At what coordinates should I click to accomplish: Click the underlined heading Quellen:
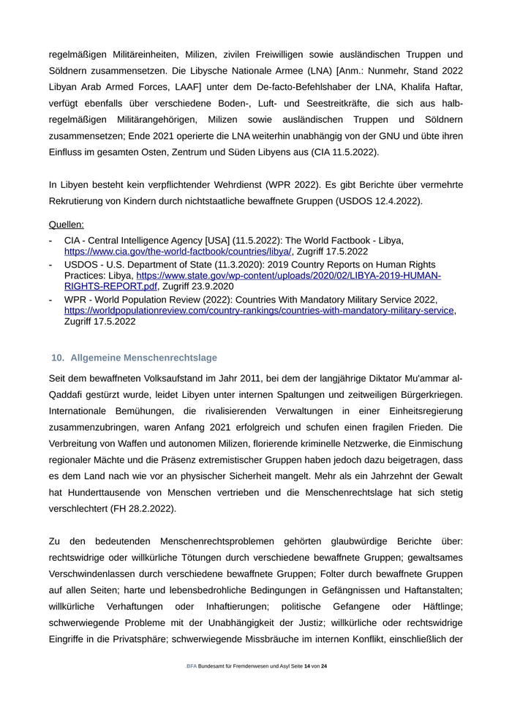pos(66,225)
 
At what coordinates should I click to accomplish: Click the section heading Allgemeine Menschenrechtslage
pos(143,358)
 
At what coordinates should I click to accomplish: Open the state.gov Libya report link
pos(288,276)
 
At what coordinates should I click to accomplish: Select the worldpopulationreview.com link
pos(259,310)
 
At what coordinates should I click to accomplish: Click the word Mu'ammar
pos(421,379)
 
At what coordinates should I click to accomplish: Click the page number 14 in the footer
pos(307,666)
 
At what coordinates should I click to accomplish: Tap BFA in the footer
pos(192,666)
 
